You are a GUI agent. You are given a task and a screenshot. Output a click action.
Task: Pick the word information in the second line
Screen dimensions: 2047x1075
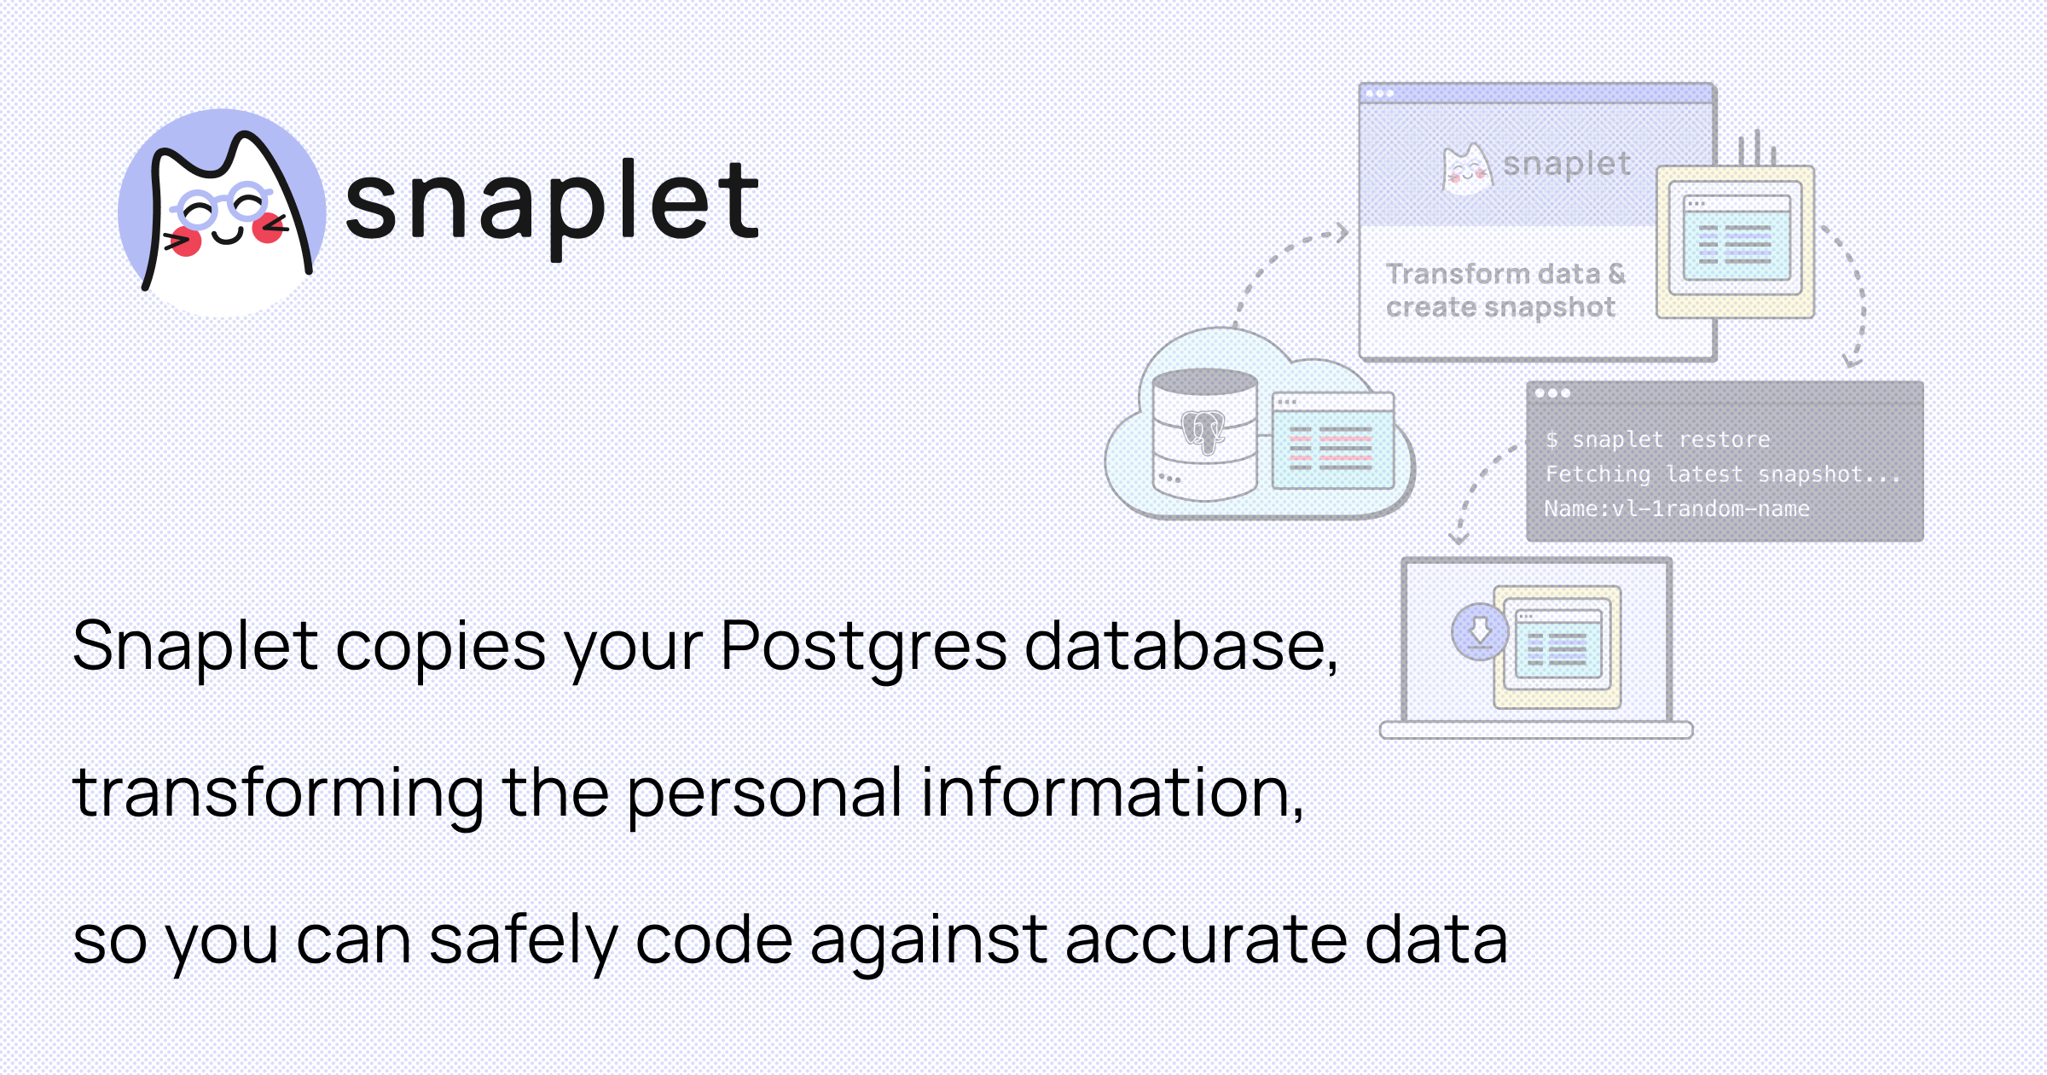pos(1112,793)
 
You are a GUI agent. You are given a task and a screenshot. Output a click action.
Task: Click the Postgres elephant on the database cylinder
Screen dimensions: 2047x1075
pos(1203,432)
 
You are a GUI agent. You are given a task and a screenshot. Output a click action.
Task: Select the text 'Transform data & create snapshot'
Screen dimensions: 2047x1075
pos(1505,290)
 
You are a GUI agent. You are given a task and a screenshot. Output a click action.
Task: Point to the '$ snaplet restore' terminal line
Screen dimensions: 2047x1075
pos(1657,439)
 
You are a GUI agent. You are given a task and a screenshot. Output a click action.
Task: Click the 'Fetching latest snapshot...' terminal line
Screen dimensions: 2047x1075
pos(1723,474)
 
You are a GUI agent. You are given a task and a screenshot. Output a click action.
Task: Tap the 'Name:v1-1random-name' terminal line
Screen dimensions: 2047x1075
pos(1677,508)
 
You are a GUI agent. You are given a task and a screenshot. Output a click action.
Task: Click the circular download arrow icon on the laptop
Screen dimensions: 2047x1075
pos(1480,631)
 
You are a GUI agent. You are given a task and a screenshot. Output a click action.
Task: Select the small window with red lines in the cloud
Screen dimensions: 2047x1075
pos(1332,440)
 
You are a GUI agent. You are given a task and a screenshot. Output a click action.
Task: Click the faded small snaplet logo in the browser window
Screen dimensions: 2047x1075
pos(1535,166)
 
